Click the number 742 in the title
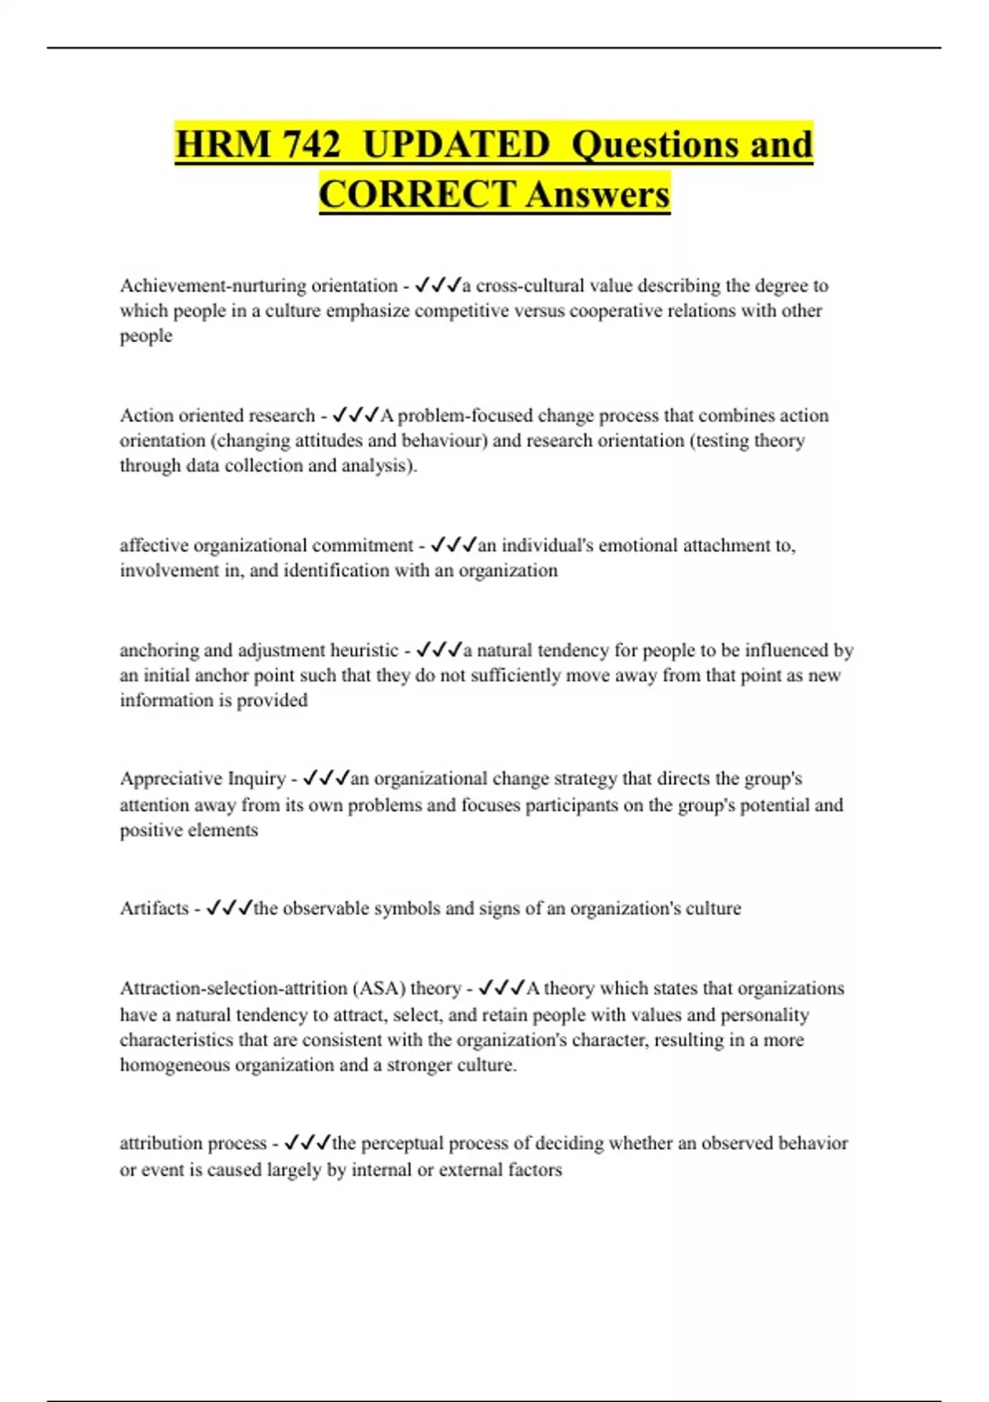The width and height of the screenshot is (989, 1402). click(311, 145)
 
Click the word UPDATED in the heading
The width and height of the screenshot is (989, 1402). click(456, 145)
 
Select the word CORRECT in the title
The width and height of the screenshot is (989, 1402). click(417, 195)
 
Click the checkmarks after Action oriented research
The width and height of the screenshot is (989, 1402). click(354, 415)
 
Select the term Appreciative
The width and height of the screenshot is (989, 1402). click(171, 779)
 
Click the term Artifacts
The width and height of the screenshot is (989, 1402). click(154, 908)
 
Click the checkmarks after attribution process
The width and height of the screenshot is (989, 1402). click(307, 1143)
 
